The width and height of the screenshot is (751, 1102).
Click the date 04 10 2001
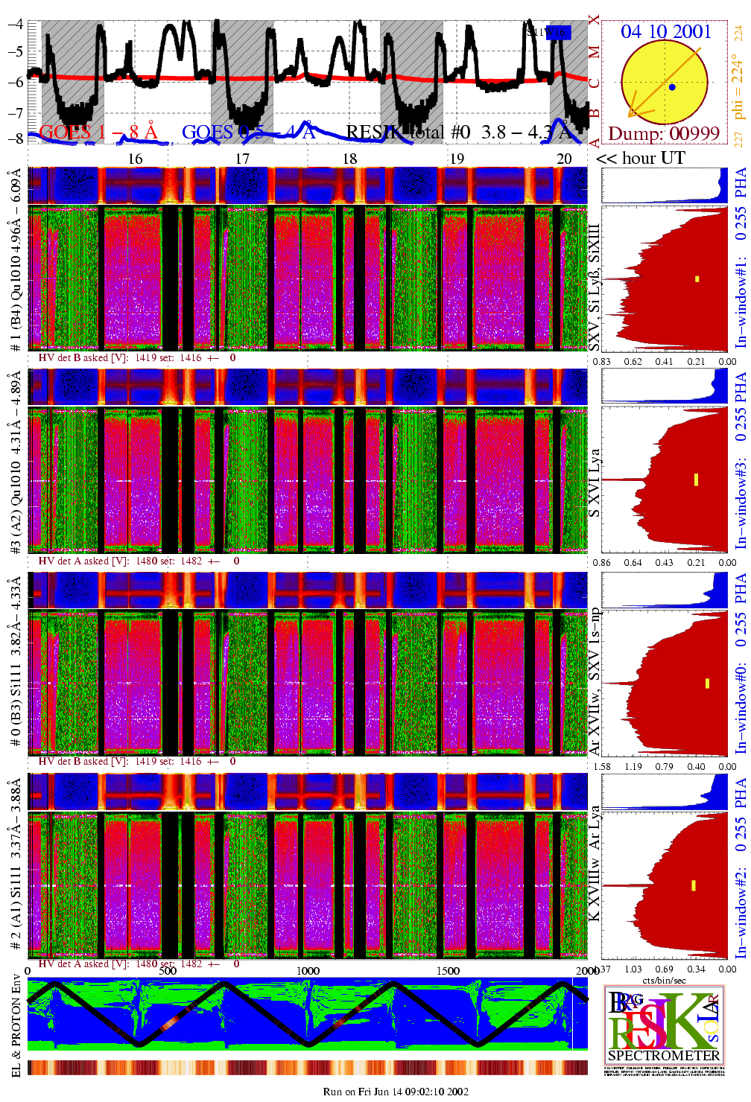click(666, 31)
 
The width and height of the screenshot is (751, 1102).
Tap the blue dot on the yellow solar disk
click(672, 87)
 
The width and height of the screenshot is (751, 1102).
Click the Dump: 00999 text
click(664, 133)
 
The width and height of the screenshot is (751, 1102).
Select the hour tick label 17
click(242, 159)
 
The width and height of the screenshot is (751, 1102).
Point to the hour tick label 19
click(457, 159)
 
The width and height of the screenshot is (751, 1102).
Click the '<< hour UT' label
click(641, 158)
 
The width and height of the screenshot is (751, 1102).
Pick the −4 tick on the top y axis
click(16, 24)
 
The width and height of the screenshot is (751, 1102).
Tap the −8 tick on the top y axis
click(16, 138)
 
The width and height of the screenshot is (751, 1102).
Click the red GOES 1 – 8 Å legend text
click(98, 133)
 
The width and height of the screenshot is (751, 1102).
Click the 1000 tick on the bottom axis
click(308, 971)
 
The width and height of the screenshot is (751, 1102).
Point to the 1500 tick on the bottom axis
click(448, 971)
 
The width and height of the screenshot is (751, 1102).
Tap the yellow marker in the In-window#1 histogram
click(697, 279)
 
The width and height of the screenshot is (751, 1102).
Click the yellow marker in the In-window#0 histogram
click(707, 684)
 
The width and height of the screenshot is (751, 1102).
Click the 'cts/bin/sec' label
click(665, 980)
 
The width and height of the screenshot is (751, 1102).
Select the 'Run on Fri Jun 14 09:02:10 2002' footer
click(396, 1092)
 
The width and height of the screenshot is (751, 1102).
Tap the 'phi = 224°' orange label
click(738, 86)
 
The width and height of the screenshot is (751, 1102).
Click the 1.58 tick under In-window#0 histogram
click(601, 766)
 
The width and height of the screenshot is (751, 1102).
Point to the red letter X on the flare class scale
click(594, 20)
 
